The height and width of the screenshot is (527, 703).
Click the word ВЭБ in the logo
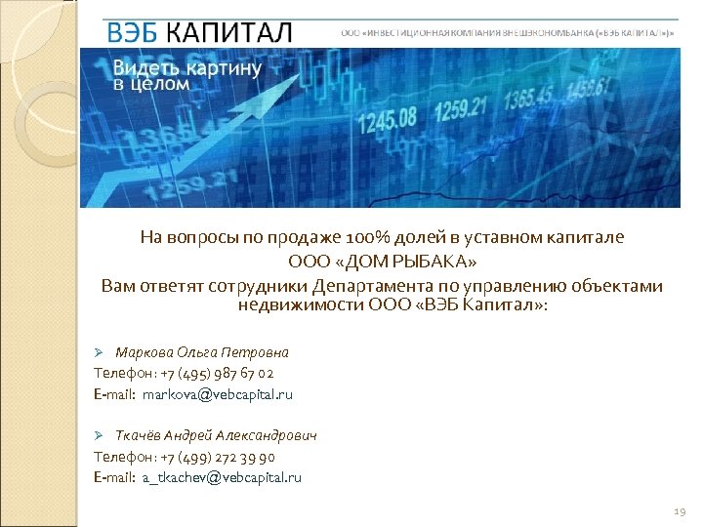pos(133,32)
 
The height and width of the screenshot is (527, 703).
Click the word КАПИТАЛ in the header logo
pos(228,32)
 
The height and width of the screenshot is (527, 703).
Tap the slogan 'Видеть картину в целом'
pos(186,74)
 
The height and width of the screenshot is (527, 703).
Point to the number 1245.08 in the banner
pos(389,120)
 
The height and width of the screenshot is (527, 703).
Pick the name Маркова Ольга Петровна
pos(202,351)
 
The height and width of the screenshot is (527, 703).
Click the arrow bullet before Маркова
pos(98,351)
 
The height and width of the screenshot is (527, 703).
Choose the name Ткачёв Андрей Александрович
pos(216,435)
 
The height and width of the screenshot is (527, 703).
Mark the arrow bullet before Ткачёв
pos(98,435)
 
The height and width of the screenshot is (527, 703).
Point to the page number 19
pos(681,511)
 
